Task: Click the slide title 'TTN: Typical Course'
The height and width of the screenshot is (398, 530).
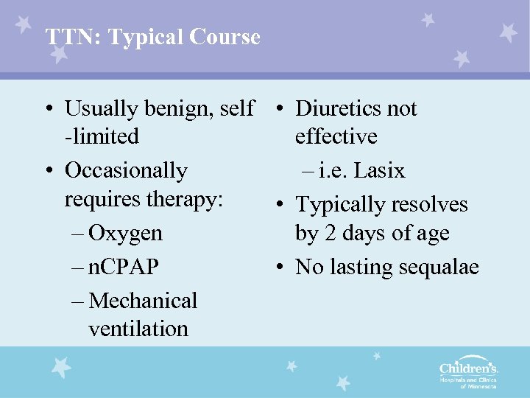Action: click(x=152, y=37)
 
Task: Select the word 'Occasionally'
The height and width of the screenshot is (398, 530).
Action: click(x=126, y=170)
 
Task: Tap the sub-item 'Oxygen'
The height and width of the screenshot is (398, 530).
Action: click(x=125, y=233)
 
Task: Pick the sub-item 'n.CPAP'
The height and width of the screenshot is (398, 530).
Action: click(x=123, y=267)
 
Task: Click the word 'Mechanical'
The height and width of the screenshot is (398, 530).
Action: click(x=143, y=301)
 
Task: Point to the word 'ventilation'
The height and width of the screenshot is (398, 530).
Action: click(x=138, y=329)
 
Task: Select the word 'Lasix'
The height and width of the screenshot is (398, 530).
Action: click(x=379, y=171)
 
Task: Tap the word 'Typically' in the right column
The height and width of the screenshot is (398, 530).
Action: click(x=342, y=204)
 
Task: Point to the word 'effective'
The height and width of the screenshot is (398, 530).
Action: click(x=336, y=137)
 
